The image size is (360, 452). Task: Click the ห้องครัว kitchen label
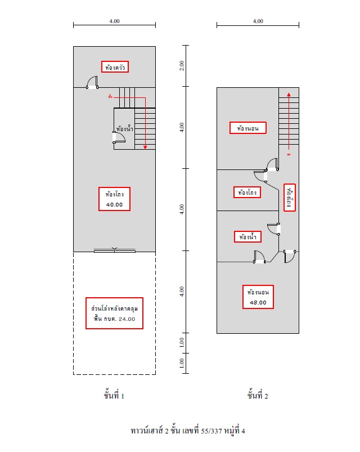(x=115, y=67)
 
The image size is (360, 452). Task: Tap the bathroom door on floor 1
(x=119, y=138)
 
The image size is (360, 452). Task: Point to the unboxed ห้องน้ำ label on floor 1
(x=124, y=129)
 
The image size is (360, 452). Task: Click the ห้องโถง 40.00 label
(x=114, y=198)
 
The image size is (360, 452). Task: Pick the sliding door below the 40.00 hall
(x=115, y=251)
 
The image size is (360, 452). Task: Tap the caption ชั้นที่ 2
(x=258, y=396)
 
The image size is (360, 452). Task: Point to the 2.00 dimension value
(x=182, y=65)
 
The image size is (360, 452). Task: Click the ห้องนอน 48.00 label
(x=258, y=297)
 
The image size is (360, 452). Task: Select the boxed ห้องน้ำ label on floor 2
(x=247, y=237)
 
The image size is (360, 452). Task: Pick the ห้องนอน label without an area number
(x=247, y=128)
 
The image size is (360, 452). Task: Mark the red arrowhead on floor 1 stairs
(x=145, y=147)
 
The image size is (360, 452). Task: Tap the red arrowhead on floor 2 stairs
(x=289, y=95)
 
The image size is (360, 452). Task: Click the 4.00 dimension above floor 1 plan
(x=114, y=21)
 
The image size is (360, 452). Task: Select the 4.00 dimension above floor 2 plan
(x=258, y=21)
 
